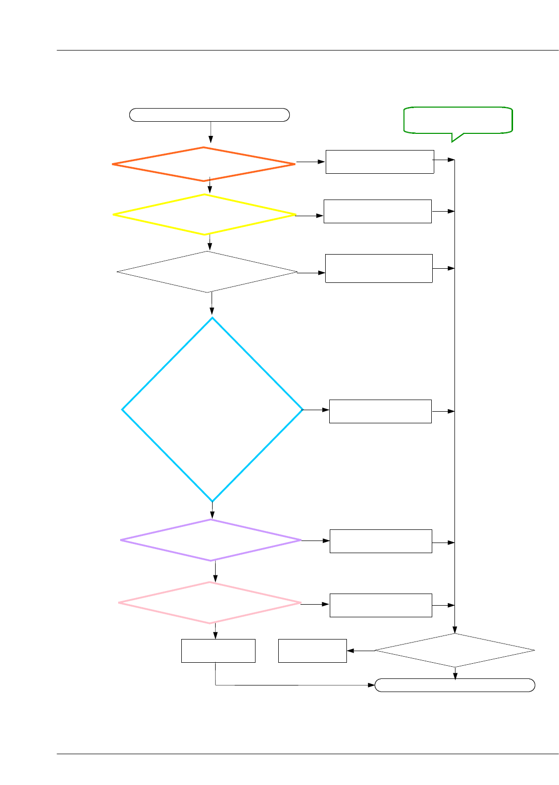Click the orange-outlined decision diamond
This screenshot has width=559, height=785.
204,164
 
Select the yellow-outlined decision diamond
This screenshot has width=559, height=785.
205,215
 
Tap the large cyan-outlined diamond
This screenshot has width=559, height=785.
213,409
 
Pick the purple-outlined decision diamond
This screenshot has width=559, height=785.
211,540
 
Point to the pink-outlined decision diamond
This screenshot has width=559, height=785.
210,603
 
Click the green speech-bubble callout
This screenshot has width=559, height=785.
458,120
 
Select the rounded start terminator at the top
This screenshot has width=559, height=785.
210,115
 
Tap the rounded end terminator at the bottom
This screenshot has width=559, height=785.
454,685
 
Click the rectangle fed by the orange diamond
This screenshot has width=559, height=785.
380,162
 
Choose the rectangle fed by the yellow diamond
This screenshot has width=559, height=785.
378,211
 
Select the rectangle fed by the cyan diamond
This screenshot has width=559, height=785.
380,411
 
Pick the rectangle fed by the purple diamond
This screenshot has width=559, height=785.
381,541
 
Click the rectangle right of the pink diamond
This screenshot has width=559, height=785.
381,605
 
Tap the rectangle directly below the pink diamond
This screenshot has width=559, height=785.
218,651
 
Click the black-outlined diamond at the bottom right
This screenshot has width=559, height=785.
454,651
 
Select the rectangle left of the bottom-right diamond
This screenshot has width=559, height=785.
313,651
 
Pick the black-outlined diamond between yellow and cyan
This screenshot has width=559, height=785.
207,272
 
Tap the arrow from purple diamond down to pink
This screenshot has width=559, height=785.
216,571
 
